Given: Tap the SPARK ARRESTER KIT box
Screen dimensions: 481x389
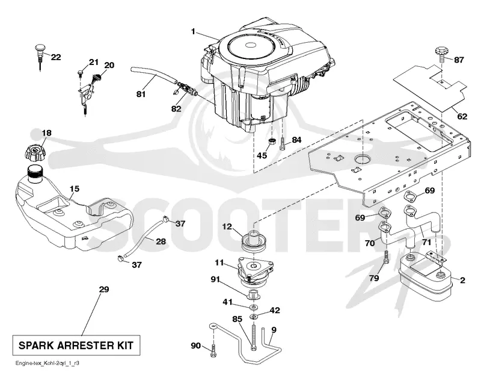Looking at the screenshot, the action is point(76,346).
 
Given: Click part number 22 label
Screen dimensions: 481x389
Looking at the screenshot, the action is point(56,57).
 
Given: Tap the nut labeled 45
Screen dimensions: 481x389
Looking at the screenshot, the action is point(272,142).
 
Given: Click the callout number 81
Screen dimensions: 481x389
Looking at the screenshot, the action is point(141,94).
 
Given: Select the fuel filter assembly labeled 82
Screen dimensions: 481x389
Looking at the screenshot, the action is point(185,89).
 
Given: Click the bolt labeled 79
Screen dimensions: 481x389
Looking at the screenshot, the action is point(386,257).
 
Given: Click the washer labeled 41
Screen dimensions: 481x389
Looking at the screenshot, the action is point(254,307).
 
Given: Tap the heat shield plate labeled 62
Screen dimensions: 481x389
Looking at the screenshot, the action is point(430,87).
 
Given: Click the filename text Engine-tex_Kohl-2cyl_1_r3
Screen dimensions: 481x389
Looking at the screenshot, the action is point(47,363).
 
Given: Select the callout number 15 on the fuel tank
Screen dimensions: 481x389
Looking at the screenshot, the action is point(74,188).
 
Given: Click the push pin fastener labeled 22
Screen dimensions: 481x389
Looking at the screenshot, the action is point(40,56).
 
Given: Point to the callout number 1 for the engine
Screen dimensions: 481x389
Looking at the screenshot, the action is point(193,31).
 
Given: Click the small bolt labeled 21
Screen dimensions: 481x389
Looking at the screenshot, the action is point(81,73).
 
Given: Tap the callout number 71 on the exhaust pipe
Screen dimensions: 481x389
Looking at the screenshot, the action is point(426,242).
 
